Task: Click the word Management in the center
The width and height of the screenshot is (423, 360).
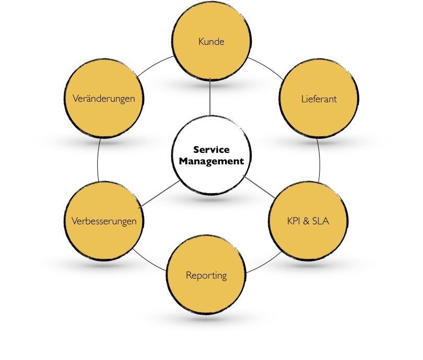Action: (x=211, y=161)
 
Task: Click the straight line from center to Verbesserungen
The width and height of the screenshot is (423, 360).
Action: (x=159, y=194)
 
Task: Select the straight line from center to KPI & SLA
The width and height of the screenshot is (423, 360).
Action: (x=259, y=187)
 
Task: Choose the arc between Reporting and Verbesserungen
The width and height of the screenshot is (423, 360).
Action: (x=151, y=262)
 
